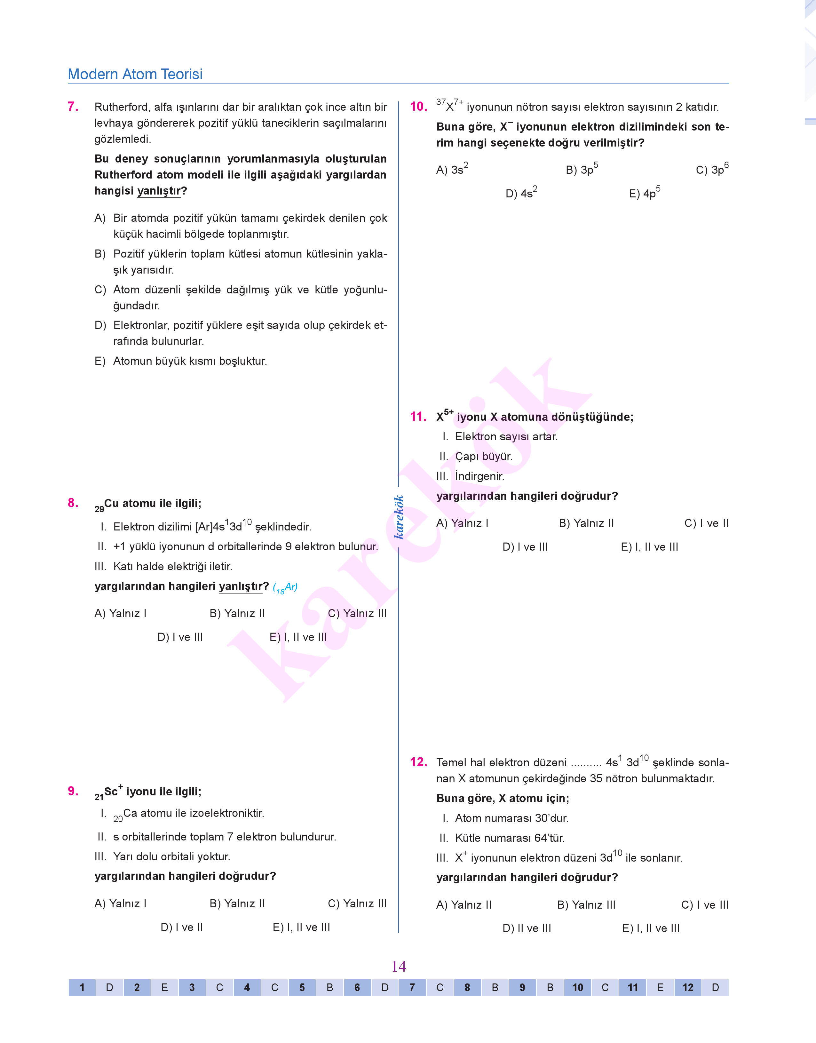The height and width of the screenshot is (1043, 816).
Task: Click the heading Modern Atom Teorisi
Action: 135,74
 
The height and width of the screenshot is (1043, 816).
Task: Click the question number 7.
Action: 73,107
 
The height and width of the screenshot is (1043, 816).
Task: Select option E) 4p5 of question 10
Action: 645,193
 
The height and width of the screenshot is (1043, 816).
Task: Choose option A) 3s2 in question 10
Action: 452,169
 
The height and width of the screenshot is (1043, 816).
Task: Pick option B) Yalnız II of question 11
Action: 586,523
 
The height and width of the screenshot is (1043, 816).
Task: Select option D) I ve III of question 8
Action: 180,637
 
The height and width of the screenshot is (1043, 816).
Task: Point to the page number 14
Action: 399,967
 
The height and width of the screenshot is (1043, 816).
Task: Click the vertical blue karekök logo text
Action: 399,517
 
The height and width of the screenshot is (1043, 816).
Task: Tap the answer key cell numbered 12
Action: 687,988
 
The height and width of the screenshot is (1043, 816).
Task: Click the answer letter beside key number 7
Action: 440,988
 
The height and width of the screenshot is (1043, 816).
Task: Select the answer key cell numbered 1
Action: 82,988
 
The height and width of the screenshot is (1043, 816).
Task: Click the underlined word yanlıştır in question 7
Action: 159,191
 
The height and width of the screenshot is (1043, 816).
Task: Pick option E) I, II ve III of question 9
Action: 301,928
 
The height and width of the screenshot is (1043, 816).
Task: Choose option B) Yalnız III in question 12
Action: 586,904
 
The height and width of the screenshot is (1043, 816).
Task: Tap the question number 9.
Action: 73,791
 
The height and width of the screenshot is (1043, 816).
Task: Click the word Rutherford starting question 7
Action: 121,107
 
